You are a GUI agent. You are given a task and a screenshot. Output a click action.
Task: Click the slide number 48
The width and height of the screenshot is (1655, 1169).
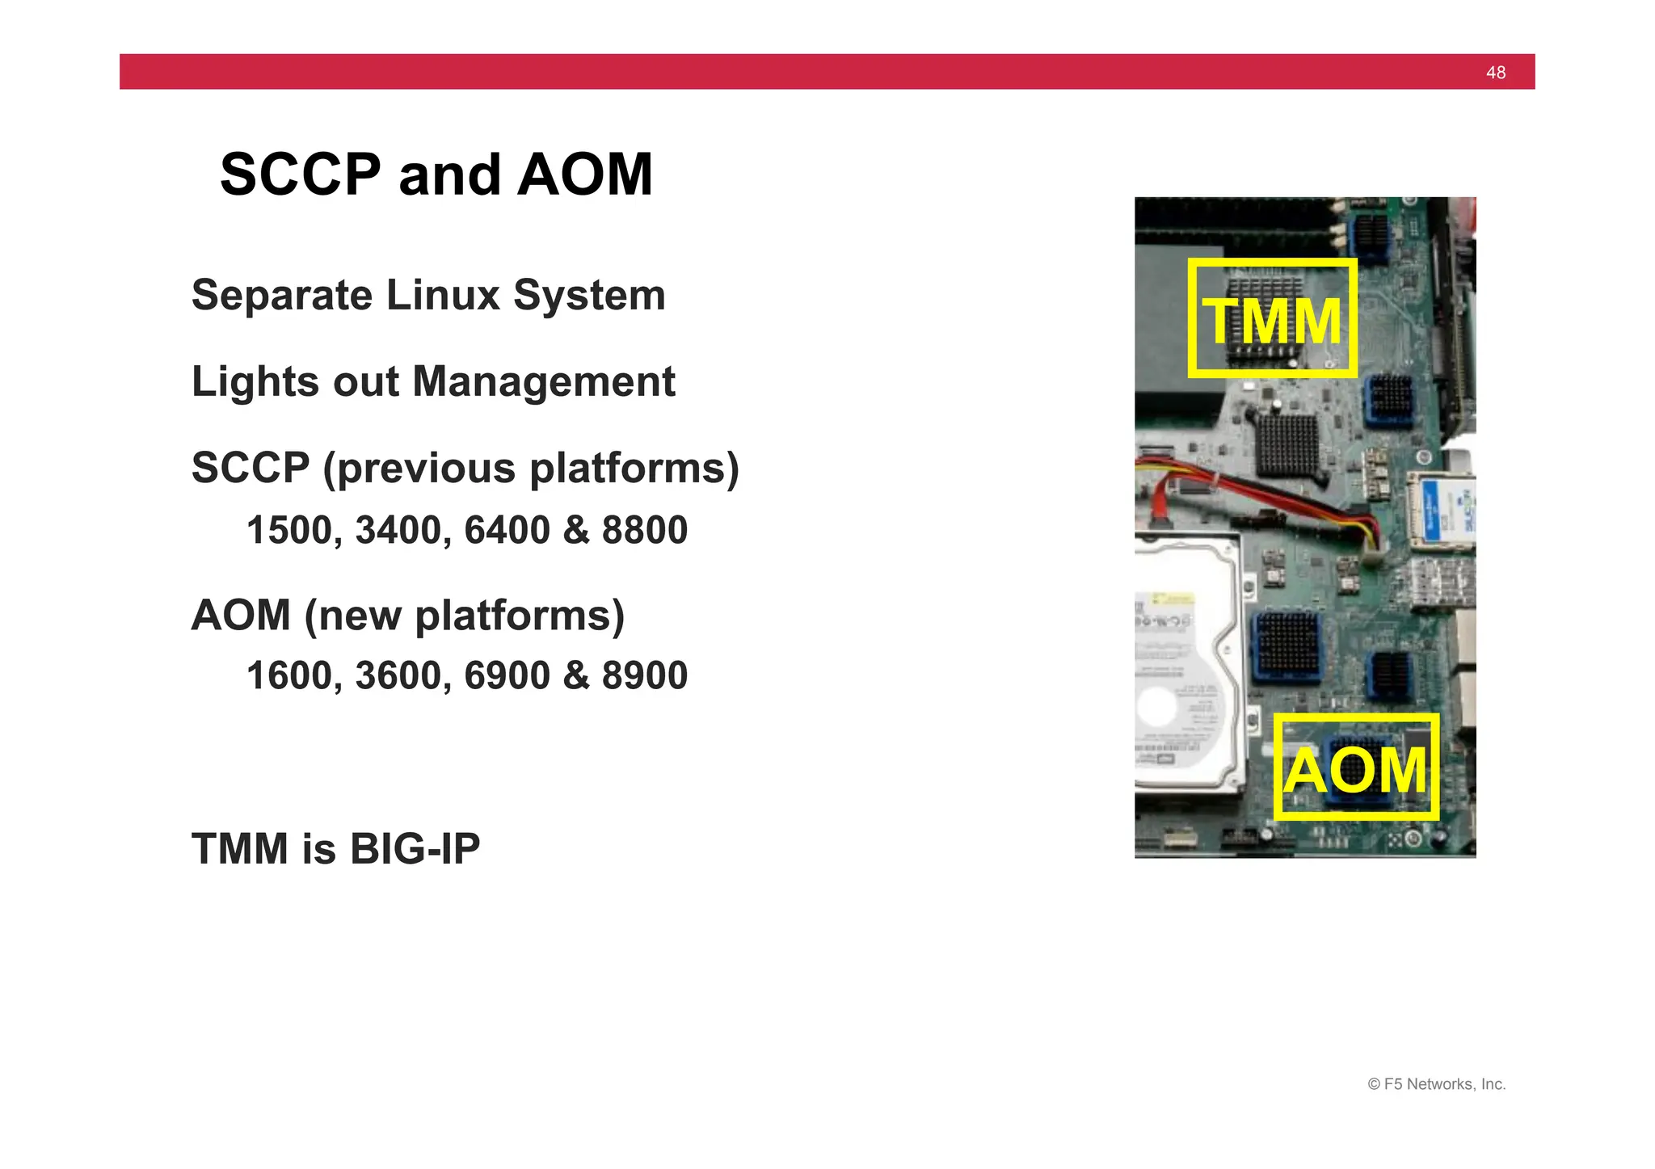pyautogui.click(x=1495, y=73)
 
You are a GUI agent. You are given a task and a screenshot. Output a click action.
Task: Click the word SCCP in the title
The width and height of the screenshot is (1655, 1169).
pyautogui.click(x=300, y=175)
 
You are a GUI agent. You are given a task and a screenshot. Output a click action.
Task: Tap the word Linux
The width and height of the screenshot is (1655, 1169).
pyautogui.click(x=443, y=296)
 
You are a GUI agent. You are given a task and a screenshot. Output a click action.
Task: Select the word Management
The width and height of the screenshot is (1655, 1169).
pyautogui.click(x=543, y=382)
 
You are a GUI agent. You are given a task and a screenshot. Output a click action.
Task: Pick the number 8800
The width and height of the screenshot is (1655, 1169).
pyautogui.click(x=644, y=531)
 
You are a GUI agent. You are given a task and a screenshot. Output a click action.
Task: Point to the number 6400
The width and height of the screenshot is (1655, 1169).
pyautogui.click(x=507, y=531)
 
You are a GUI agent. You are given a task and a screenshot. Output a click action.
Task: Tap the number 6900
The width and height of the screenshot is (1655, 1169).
pyautogui.click(x=507, y=676)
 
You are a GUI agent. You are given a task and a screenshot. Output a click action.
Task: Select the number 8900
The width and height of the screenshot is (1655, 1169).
pyautogui.click(x=644, y=676)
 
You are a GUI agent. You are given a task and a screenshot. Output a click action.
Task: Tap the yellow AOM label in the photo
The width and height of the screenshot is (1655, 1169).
pyautogui.click(x=1355, y=770)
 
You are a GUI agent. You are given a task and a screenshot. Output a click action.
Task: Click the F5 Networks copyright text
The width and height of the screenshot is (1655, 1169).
pyautogui.click(x=1436, y=1084)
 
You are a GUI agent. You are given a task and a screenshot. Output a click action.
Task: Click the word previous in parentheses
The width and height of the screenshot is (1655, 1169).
pyautogui.click(x=426, y=469)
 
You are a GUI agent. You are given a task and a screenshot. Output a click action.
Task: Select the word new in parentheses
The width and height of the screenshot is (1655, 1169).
pyautogui.click(x=359, y=616)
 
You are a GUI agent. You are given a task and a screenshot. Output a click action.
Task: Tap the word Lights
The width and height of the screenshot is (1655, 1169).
pyautogui.click(x=255, y=382)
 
